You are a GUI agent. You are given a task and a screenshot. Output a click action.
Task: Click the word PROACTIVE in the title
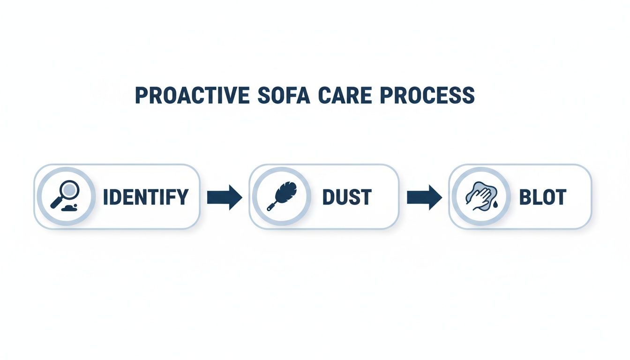click(x=192, y=96)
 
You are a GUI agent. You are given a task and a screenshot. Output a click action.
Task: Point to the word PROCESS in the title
click(x=427, y=96)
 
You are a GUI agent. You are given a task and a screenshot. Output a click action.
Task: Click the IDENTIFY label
click(x=145, y=197)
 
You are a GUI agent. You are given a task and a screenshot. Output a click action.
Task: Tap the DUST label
click(x=347, y=197)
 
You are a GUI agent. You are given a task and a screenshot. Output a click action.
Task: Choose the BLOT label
click(x=543, y=197)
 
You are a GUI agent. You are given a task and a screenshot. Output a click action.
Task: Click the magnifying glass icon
click(x=65, y=195)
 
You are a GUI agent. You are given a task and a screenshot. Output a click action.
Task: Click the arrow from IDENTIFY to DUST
click(x=224, y=197)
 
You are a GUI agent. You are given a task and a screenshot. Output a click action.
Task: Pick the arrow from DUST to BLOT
click(x=424, y=197)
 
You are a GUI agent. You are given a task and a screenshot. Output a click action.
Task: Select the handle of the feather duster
click(x=272, y=205)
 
